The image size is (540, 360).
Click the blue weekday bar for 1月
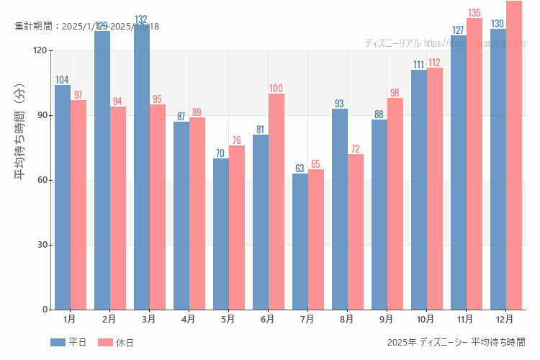point(63,197)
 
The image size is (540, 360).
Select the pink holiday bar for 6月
point(276,202)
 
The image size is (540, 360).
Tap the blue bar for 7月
point(300,241)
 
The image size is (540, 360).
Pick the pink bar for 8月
point(355,232)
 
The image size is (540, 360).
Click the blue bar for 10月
point(418,189)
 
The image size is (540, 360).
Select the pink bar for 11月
point(474,164)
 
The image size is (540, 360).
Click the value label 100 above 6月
point(276,89)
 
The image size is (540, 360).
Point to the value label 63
point(300,168)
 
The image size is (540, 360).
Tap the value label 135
point(474,13)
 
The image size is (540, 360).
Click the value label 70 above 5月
point(220,153)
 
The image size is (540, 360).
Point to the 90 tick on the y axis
point(43,115)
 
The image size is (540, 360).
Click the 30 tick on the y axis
point(43,245)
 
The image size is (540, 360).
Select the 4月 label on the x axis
point(189,319)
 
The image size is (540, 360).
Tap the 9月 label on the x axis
point(387,319)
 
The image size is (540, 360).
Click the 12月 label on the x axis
point(505,319)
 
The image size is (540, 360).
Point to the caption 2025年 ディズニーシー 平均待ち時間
point(456,342)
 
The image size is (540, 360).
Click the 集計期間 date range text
point(86,26)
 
